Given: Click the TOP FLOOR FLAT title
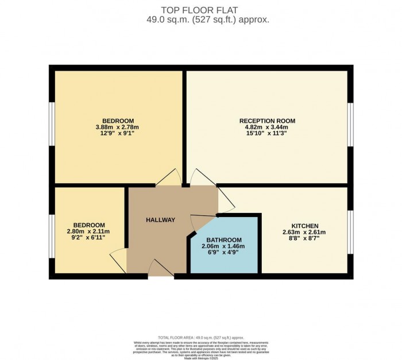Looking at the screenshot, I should pos(200,10).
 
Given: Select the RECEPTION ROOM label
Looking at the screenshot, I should pos(267,121).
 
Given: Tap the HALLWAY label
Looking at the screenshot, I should pos(160,220).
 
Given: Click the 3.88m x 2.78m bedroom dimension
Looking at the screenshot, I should pos(117,127).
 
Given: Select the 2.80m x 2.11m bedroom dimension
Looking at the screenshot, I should pos(89,231).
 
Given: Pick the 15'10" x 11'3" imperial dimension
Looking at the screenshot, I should pos(267,134).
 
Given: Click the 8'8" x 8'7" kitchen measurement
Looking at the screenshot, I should pos(304,239).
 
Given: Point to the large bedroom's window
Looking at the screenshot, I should pos(51,125).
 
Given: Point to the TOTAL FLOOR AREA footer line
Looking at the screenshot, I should pos(200,338).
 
